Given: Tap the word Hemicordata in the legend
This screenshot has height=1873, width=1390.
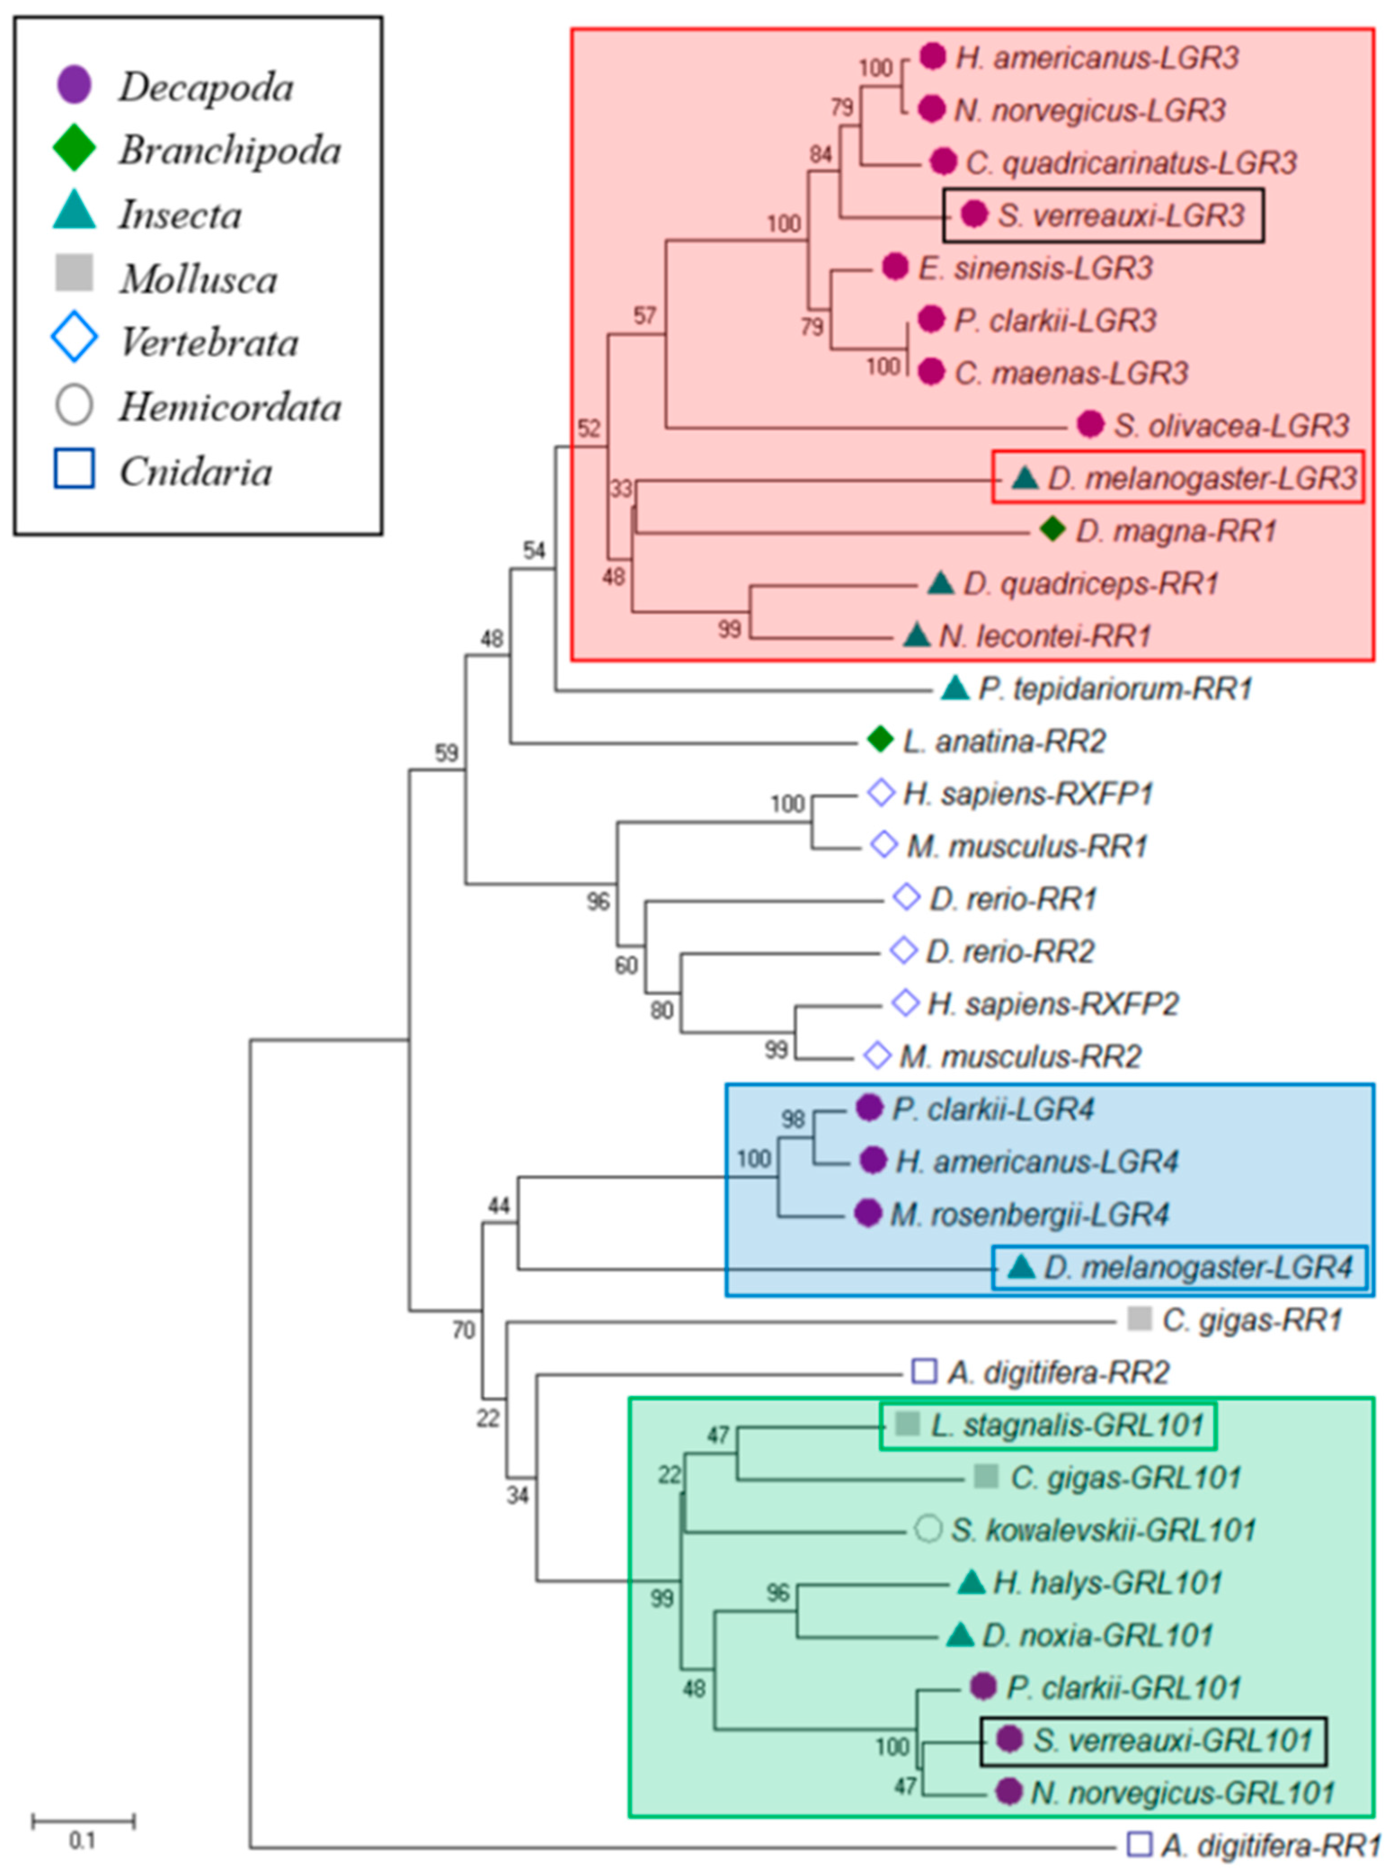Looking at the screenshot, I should click(x=230, y=407).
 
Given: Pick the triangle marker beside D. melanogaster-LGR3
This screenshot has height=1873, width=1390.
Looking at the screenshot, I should click(x=1024, y=478).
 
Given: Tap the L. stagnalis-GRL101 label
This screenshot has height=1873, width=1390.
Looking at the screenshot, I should click(x=1067, y=1424).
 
